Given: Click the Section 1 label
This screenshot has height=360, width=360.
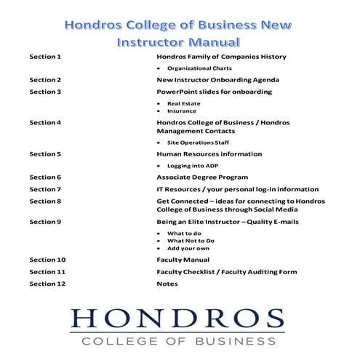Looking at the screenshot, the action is (x=45, y=56).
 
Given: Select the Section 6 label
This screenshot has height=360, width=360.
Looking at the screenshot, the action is (x=45, y=177).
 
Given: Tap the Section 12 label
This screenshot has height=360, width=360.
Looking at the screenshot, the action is (x=47, y=284).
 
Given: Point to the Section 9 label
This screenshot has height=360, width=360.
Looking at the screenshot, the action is (x=45, y=221).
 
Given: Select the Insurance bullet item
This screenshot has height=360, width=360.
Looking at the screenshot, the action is (x=182, y=111).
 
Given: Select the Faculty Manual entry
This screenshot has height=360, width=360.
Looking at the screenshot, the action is (x=183, y=260).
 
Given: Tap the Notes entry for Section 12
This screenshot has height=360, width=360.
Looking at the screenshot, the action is (x=167, y=284).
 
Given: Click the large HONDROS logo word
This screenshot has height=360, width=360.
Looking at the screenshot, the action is (x=177, y=319).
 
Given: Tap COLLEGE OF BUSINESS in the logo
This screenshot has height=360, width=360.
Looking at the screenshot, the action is (x=178, y=340).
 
